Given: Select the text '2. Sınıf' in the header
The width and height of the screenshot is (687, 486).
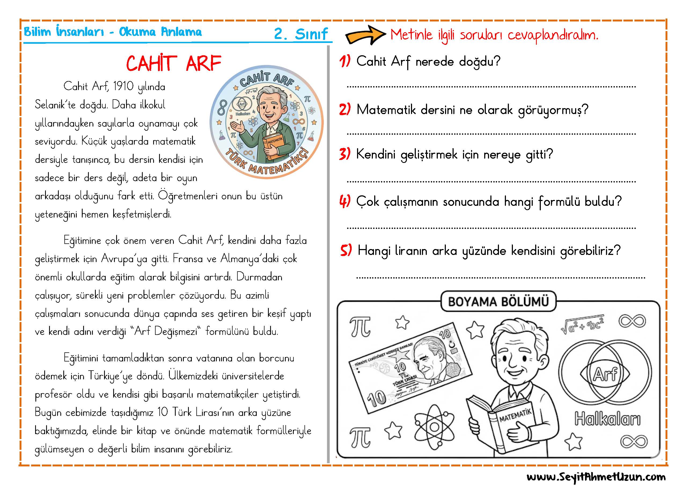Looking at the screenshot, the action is tap(301, 34).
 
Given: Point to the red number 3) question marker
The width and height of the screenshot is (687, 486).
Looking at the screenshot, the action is tap(345, 154).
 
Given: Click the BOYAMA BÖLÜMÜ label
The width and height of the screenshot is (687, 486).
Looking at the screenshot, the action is tap(498, 302).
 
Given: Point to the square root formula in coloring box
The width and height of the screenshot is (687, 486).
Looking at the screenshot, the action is tap(582, 324).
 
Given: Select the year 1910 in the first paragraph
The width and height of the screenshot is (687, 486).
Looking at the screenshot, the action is tap(123, 86).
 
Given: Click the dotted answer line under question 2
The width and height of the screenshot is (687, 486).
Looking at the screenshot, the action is tap(491, 134).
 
